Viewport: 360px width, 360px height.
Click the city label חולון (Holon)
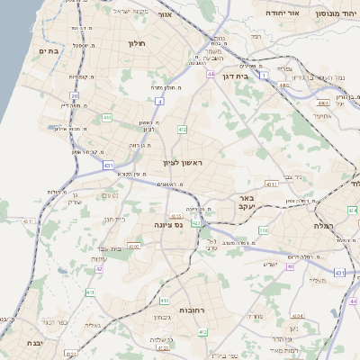[x=137, y=43]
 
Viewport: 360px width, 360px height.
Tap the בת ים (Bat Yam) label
[x=49, y=51]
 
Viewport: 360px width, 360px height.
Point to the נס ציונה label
[x=168, y=224]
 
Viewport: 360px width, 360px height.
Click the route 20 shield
[x=74, y=95]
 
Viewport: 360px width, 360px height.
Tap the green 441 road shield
[x=107, y=117]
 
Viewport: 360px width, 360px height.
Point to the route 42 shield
[x=99, y=268]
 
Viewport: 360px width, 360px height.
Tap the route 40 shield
[x=290, y=266]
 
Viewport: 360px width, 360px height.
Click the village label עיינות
[x=100, y=259]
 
